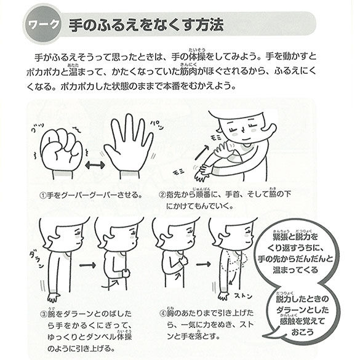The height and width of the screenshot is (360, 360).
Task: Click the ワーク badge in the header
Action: click(x=44, y=26)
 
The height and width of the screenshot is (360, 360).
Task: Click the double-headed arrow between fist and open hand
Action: click(x=94, y=166)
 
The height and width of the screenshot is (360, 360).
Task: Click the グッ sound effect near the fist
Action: click(x=37, y=130)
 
